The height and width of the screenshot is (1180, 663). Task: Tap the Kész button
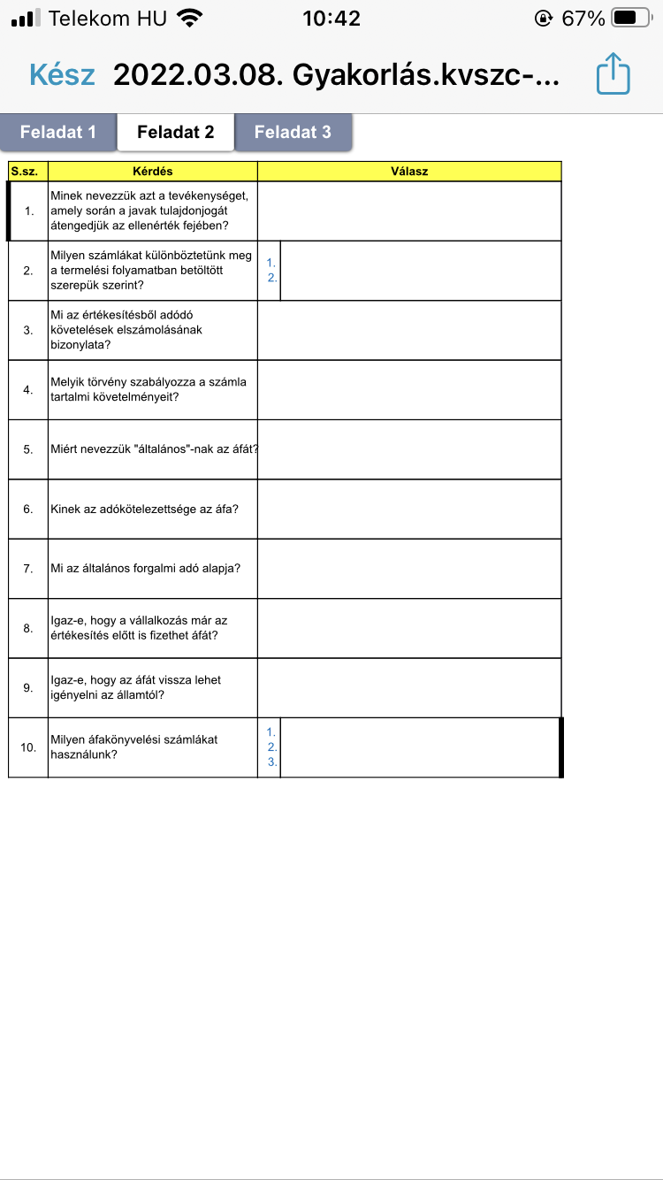pyautogui.click(x=62, y=74)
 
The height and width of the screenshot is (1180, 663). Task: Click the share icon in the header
pyautogui.click(x=613, y=74)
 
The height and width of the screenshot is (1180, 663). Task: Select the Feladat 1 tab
pyautogui.click(x=58, y=132)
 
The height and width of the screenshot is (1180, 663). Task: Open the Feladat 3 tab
pyautogui.click(x=293, y=132)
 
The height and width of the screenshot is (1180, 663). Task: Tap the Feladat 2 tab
pyautogui.click(x=176, y=132)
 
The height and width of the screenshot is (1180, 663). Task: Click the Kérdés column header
pyautogui.click(x=152, y=171)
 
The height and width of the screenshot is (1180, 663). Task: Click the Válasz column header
pyautogui.click(x=409, y=171)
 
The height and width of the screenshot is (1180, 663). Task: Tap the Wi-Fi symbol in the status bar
pyautogui.click(x=188, y=18)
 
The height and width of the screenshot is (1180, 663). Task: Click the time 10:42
pyautogui.click(x=331, y=18)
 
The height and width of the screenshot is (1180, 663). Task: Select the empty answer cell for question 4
pyautogui.click(x=409, y=389)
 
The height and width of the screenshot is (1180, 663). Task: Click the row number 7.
pyautogui.click(x=28, y=568)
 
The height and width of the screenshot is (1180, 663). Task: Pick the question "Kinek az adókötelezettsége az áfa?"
pyautogui.click(x=144, y=509)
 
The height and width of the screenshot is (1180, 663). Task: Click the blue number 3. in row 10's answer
pyautogui.click(x=272, y=762)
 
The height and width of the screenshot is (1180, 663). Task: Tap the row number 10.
pyautogui.click(x=28, y=747)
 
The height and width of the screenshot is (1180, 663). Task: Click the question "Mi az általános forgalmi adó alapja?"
pyautogui.click(x=146, y=568)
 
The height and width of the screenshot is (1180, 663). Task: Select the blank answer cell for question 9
pyautogui.click(x=409, y=687)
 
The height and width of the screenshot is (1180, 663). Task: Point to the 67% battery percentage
pyautogui.click(x=583, y=18)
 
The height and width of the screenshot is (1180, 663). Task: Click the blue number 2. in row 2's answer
pyautogui.click(x=272, y=277)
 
